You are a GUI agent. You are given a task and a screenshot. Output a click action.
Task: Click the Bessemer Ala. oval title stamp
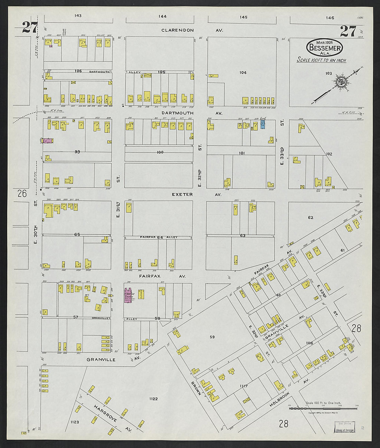(x=324, y=48)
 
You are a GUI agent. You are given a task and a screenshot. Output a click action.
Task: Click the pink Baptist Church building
(x=129, y=295)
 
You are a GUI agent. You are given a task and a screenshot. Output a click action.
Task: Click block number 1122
(x=153, y=399)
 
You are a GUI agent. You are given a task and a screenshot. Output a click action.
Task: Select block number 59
(x=212, y=337)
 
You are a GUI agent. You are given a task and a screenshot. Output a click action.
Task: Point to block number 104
(x=243, y=73)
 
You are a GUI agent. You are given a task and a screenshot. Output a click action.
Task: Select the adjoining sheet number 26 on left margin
(x=22, y=193)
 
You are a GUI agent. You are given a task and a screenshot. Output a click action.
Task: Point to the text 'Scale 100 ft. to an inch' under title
(x=322, y=60)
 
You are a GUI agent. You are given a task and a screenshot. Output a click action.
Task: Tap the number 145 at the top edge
(x=244, y=17)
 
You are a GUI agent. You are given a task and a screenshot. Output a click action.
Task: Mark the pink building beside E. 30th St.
(x=47, y=141)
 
